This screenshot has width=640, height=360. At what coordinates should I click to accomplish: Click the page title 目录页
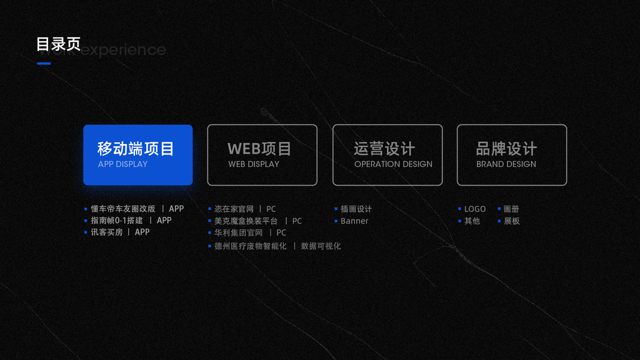(58, 44)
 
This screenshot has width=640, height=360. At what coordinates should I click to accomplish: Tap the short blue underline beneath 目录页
(44, 63)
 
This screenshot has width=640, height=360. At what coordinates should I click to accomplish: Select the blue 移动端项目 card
(138, 155)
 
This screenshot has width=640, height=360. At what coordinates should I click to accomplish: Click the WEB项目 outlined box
(262, 155)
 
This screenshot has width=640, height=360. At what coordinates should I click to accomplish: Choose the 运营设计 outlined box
(387, 155)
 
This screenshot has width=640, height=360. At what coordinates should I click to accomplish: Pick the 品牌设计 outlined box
(512, 155)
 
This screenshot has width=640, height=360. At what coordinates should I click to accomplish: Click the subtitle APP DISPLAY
(122, 164)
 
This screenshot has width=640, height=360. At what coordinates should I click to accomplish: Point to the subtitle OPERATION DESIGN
(393, 164)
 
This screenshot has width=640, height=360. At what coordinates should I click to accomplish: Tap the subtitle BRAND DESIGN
(506, 164)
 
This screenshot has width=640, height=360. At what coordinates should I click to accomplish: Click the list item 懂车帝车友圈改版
(123, 209)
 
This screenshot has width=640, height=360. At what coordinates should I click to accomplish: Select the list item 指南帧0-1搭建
(117, 220)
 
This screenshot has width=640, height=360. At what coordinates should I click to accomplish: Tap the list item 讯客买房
(107, 232)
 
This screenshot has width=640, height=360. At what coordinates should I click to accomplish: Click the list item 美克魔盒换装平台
(246, 221)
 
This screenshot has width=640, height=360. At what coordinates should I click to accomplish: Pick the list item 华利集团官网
(239, 233)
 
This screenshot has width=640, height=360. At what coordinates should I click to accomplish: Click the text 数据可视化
(321, 246)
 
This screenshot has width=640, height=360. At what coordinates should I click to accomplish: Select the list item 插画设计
(356, 209)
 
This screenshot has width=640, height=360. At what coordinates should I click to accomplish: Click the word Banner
(354, 221)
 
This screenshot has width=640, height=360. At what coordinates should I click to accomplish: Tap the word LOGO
(475, 209)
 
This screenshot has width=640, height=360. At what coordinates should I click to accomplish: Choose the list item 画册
(511, 209)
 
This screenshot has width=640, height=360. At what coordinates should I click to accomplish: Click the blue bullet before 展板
(499, 221)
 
